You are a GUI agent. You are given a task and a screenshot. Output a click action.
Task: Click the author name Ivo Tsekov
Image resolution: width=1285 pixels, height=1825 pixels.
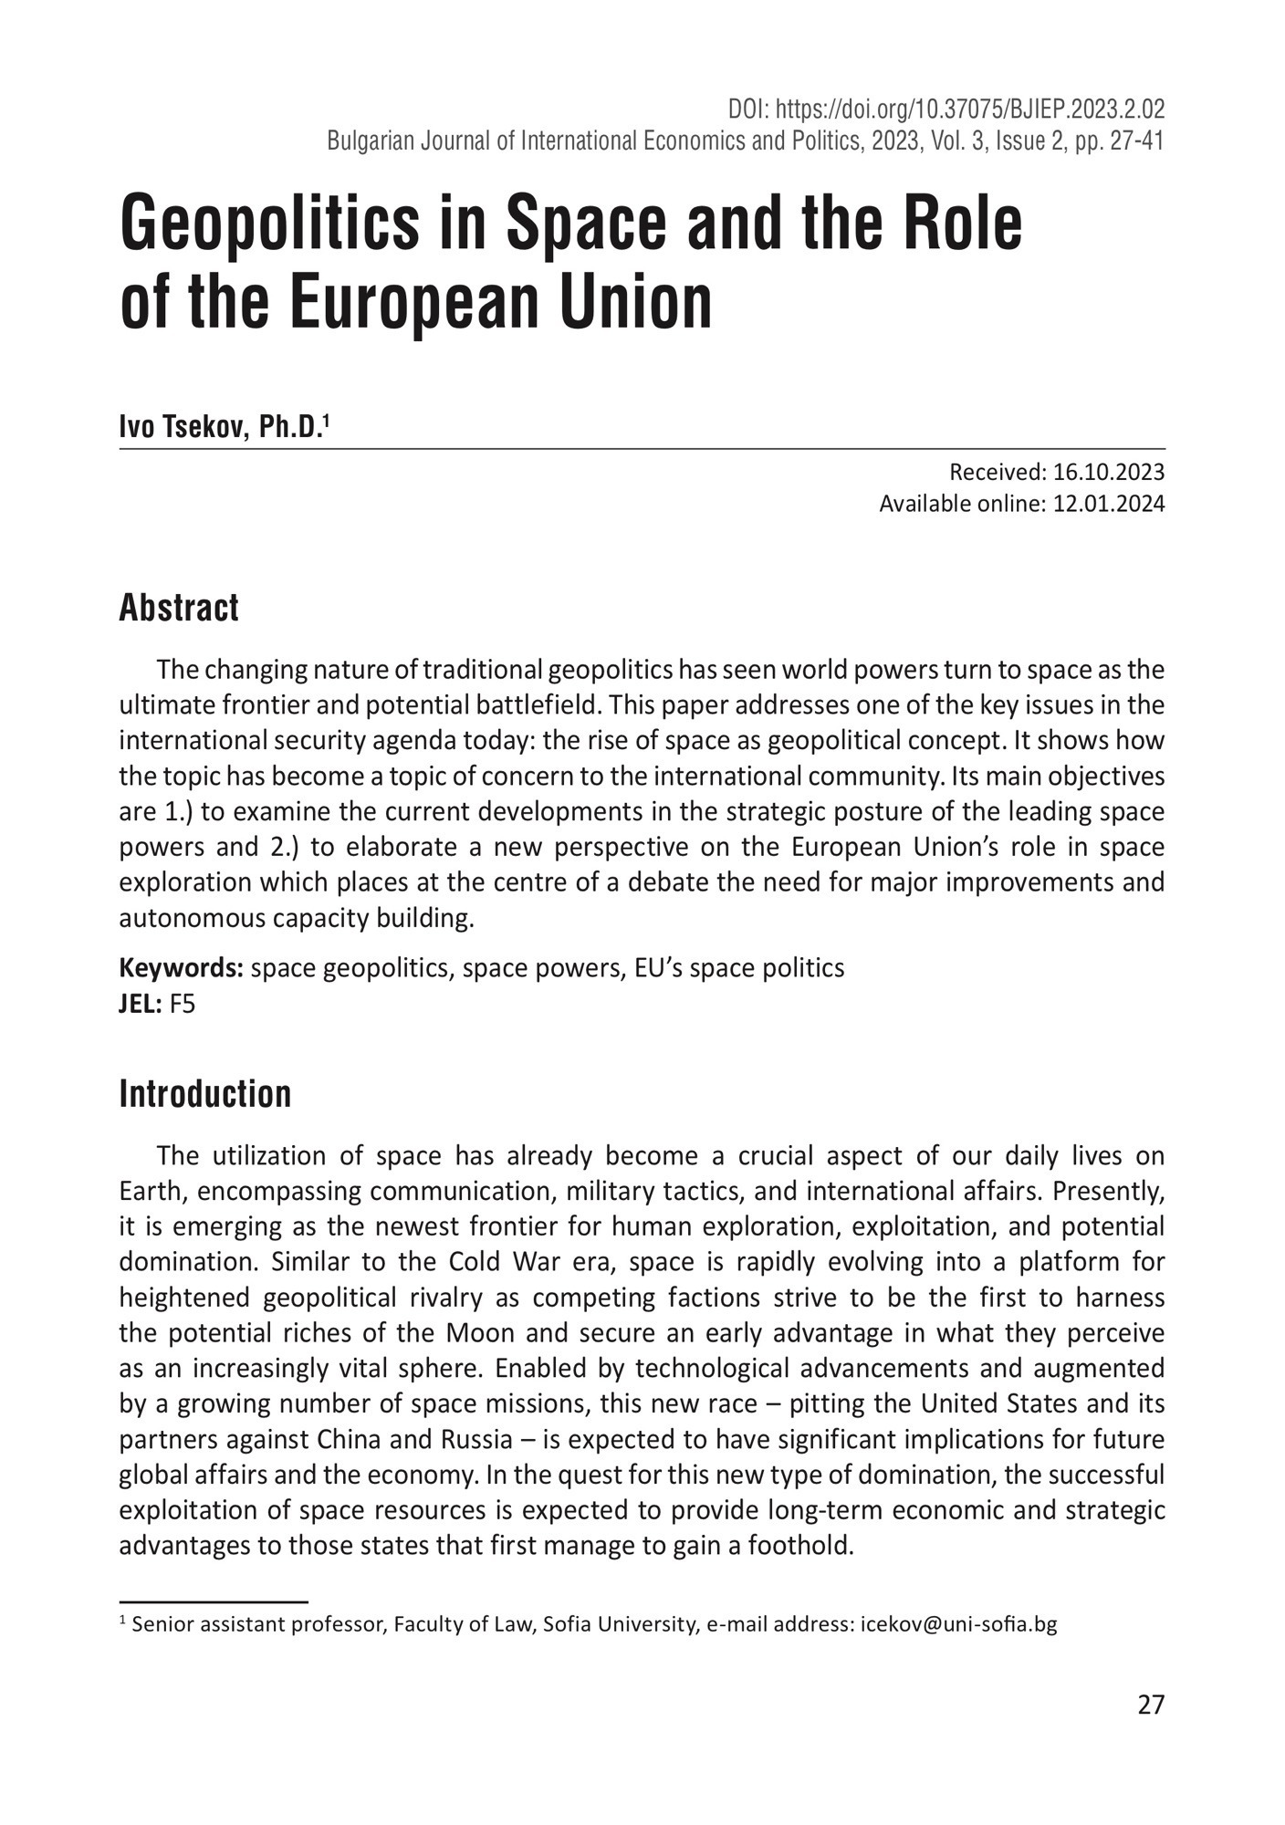pos(183,427)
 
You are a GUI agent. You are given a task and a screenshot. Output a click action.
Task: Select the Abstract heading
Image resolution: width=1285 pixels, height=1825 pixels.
pos(179,608)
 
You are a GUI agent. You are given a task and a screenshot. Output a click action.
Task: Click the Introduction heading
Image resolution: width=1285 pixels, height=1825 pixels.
pos(205,1094)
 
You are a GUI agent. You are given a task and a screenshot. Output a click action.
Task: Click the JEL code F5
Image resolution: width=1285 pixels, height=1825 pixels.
pos(183,1005)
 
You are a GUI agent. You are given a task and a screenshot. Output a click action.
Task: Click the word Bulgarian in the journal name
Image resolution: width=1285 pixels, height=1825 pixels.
pos(367,141)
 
